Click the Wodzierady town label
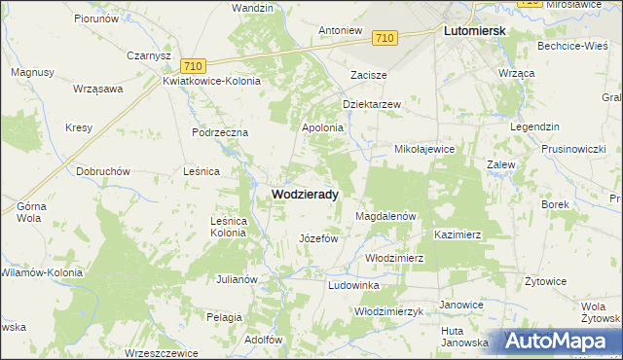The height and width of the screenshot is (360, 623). pos(305,194)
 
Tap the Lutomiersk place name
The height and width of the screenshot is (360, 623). pos(474,31)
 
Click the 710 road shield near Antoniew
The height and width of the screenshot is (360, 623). pos(385,38)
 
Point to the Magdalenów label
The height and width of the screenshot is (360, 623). pos(386,216)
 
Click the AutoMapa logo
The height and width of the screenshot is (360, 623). pos(562,342)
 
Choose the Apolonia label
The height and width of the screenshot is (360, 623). pos(323,127)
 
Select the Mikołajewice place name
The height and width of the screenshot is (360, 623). pos(423,150)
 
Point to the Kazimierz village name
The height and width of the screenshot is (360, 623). pos(458,235)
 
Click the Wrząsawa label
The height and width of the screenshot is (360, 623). pos(97,89)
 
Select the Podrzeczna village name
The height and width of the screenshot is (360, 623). pos(221,132)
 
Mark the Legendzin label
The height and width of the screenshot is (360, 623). pos(534,127)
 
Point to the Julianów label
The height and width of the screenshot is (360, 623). pos(236,279)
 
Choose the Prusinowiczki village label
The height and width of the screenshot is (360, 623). pos(575,149)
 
